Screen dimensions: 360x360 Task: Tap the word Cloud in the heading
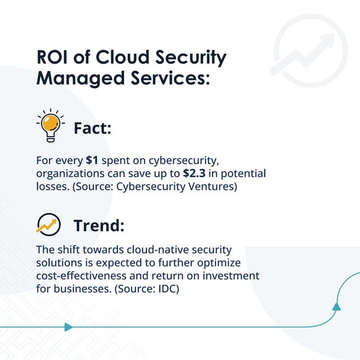(127, 58)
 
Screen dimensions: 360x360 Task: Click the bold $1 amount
(92, 160)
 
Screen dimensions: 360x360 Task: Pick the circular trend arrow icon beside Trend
(49, 223)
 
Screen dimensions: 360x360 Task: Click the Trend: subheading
(99, 226)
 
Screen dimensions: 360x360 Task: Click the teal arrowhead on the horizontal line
(68, 327)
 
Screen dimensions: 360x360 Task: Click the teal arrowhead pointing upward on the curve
(336, 306)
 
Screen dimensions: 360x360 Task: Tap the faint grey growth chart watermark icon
(310, 51)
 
